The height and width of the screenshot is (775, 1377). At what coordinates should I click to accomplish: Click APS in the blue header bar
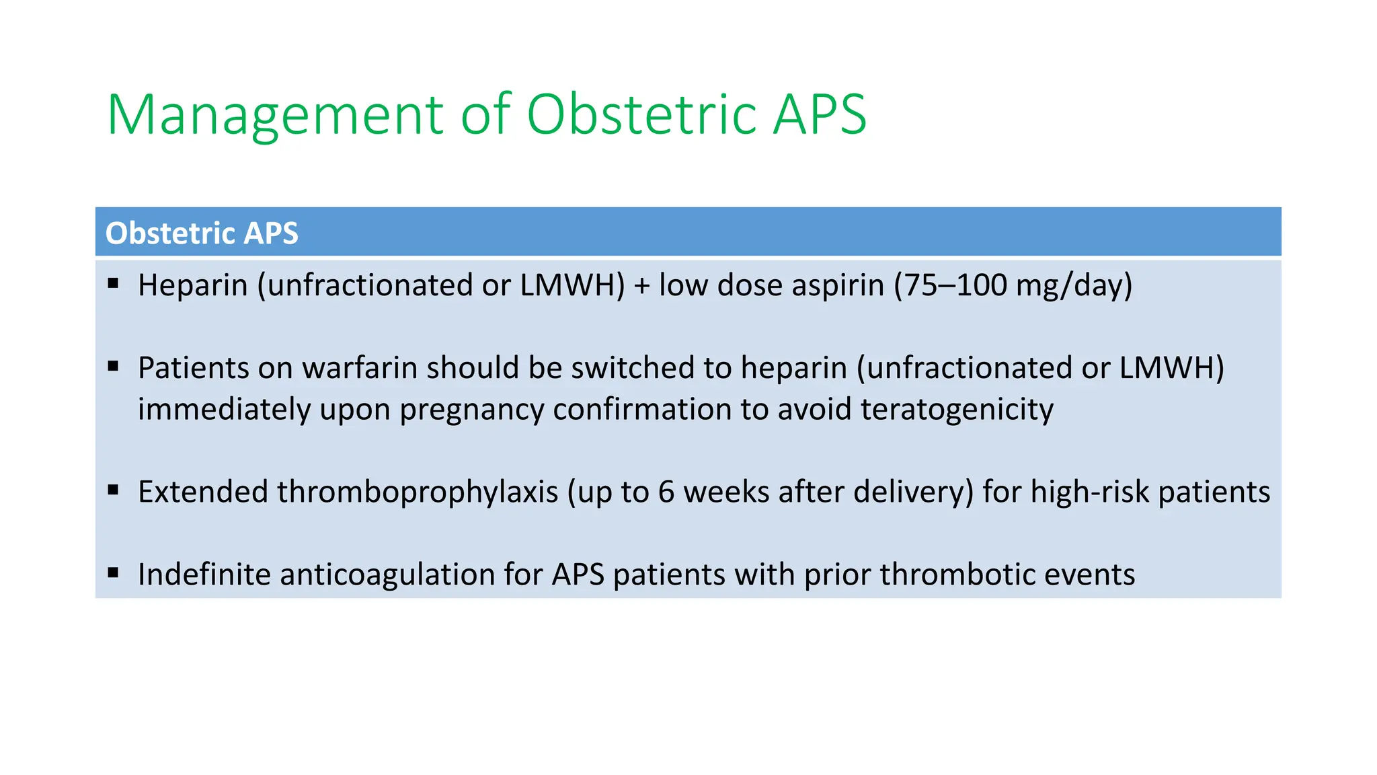[271, 233]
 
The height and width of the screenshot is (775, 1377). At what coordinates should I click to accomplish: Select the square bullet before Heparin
[113, 283]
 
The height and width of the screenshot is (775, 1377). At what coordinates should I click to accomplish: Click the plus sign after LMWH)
[641, 285]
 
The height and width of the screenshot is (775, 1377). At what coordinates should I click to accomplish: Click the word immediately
[224, 410]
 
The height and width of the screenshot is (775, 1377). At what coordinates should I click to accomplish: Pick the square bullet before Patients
[113, 366]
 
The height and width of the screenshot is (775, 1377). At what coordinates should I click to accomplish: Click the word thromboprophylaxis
[418, 492]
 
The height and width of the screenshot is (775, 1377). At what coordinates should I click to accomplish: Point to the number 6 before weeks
[666, 492]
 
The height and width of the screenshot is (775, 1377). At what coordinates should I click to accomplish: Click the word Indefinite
[204, 575]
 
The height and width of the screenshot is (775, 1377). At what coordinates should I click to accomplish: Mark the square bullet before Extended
[113, 490]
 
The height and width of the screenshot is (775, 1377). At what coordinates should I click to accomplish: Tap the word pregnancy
[471, 410]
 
